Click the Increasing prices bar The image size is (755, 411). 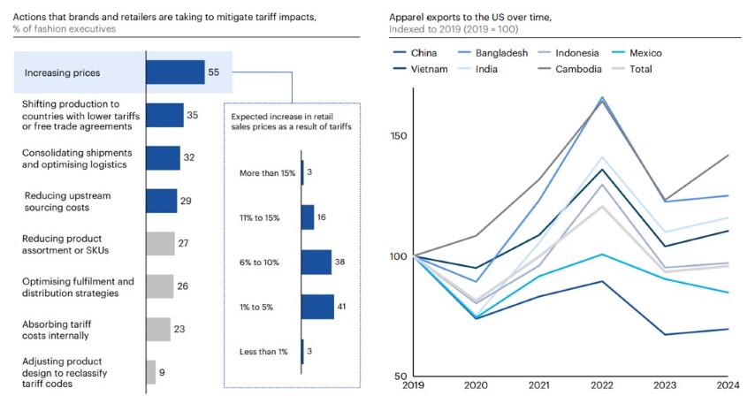tap(175, 72)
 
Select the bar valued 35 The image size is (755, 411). tap(164, 115)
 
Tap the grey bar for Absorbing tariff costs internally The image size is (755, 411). tap(157, 330)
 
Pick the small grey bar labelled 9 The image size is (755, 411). tap(150, 372)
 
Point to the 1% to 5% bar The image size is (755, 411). tap(317, 307)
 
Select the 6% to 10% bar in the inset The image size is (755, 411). tap(316, 262)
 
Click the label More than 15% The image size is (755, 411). tap(267, 172)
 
